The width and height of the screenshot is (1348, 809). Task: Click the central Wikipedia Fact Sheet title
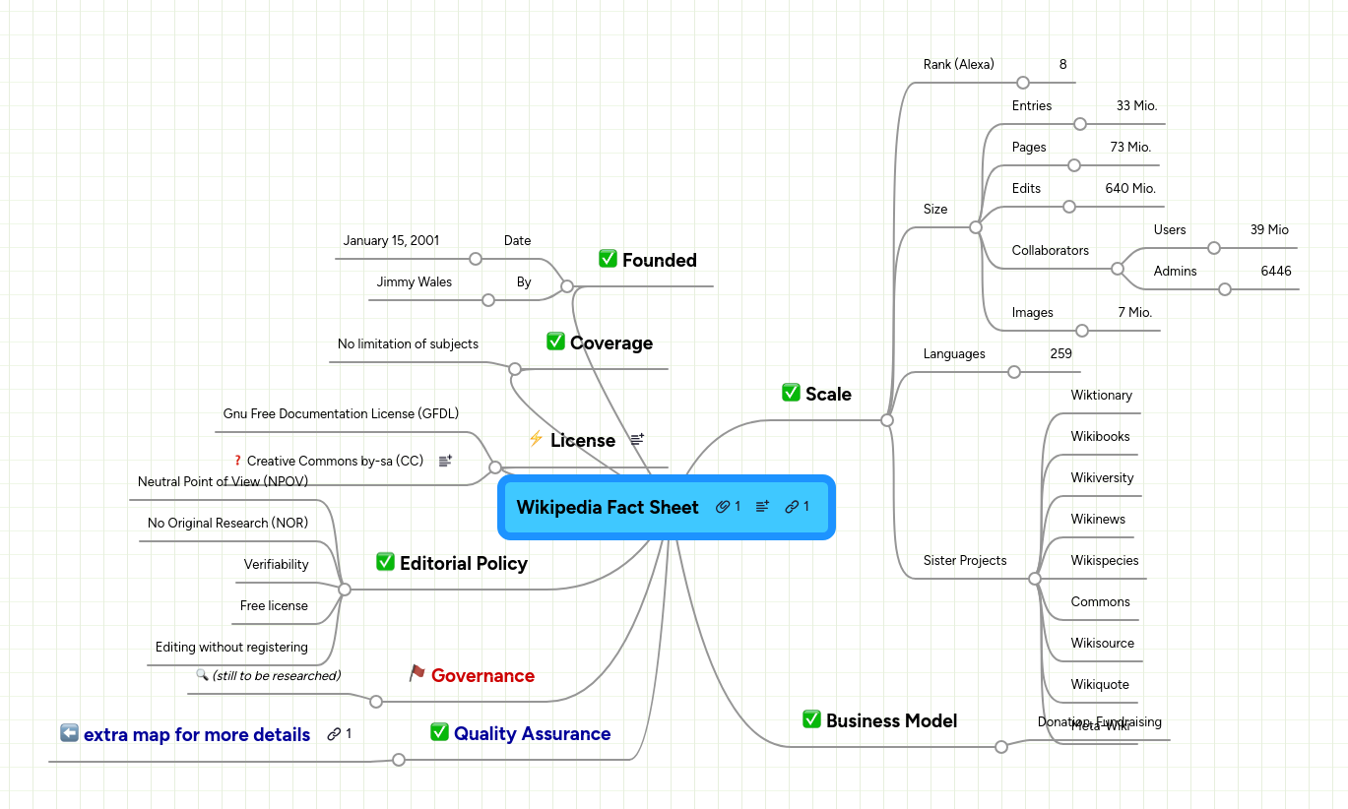607,507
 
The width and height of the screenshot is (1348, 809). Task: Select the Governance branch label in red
482,675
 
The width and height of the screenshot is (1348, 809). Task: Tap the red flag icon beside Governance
417,673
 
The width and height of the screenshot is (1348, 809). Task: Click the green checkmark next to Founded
608,259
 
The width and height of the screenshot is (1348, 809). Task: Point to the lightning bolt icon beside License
536,439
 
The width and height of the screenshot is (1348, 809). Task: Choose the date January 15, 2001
391,240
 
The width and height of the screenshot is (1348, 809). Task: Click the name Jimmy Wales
414,281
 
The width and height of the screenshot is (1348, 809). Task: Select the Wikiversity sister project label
1102,477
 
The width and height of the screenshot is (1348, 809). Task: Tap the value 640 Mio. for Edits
1129,188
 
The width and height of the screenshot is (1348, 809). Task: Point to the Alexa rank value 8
1062,64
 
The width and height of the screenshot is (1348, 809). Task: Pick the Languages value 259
1060,353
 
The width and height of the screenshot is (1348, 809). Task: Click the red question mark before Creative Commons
237,460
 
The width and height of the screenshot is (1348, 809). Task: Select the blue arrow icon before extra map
69,733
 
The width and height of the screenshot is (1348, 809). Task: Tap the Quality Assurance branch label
532,733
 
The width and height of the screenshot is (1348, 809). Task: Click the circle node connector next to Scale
886,420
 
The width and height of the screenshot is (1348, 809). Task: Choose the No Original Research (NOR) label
227,523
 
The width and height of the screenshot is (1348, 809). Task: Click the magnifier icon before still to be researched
202,675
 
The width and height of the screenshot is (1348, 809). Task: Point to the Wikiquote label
1100,684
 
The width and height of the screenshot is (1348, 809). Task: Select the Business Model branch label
891,720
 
